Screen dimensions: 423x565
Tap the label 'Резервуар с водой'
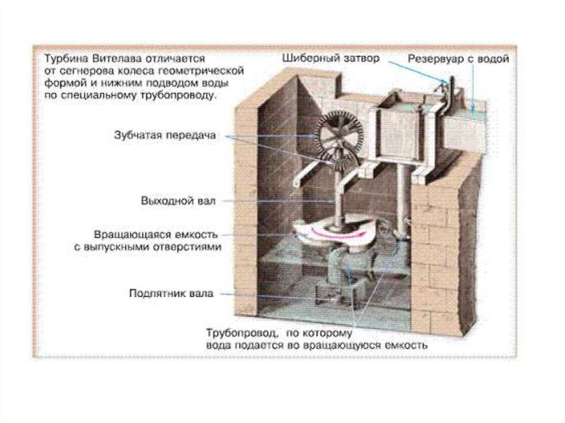[459, 59]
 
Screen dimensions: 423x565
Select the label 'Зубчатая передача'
[165, 135]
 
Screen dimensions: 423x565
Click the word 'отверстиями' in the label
[190, 248]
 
